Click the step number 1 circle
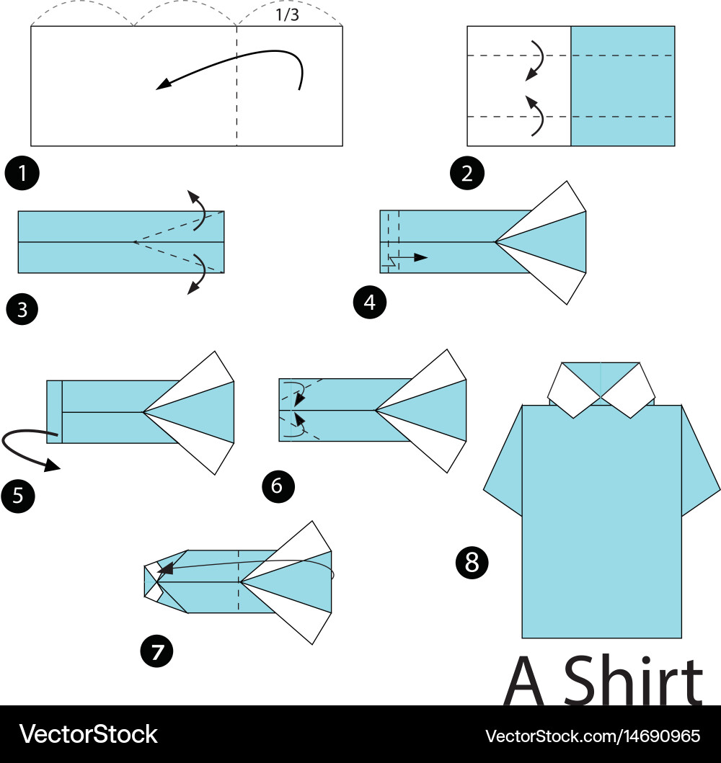pos(22,173)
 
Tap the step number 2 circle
pos(467,173)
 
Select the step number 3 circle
pos(22,309)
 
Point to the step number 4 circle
pos(369,302)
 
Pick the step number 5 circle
pos(18,496)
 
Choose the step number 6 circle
pos(278,486)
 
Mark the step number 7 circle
pos(156,651)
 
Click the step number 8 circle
pos(472,562)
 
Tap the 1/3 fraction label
pos(287,15)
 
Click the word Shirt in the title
pos(633,680)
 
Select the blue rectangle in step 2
pos(623,86)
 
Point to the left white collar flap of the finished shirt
pos(575,391)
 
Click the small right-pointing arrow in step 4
pos(412,257)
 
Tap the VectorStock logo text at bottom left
pos(88,734)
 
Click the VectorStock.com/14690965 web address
pos(593,736)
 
